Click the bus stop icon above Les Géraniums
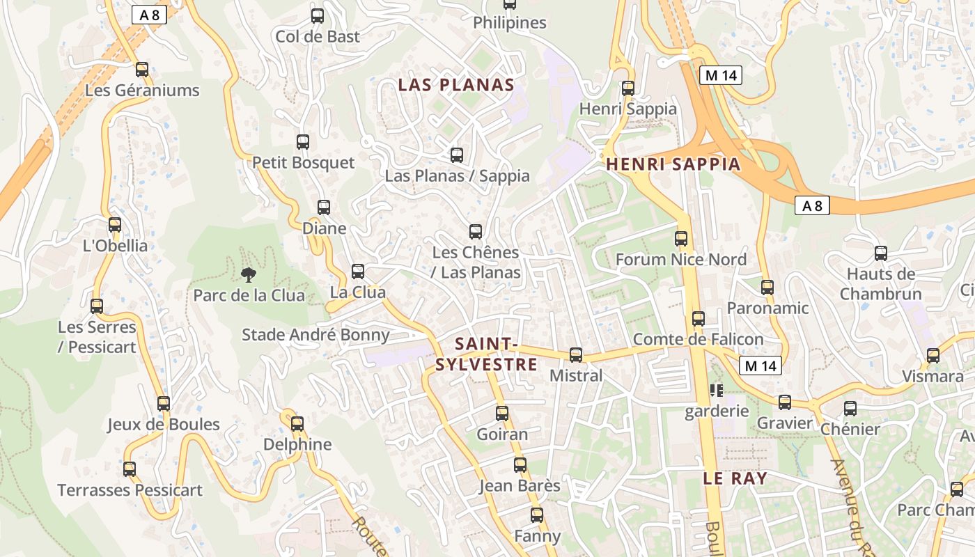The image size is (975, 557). click(x=142, y=70)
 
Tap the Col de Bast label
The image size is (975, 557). click(x=318, y=36)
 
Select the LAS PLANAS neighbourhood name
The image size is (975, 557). click(x=456, y=85)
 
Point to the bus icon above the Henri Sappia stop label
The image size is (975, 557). click(x=628, y=88)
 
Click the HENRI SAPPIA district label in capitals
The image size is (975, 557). click(x=673, y=164)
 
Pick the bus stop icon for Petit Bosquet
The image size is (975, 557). click(x=303, y=142)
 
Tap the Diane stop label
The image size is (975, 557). click(x=324, y=228)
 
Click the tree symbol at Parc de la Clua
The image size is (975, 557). click(x=247, y=274)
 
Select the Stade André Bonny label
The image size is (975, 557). click(x=315, y=335)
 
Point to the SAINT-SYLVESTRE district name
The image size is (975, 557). click(x=486, y=354)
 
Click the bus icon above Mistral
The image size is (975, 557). click(x=576, y=355)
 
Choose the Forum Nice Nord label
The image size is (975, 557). click(x=680, y=260)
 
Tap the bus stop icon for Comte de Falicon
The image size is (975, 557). click(x=699, y=319)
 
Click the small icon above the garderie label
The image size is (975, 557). click(x=716, y=391)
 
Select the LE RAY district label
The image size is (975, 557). click(x=735, y=478)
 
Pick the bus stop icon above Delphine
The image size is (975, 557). click(x=297, y=423)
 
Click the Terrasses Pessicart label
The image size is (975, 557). click(x=130, y=490)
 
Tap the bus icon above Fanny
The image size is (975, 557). click(x=537, y=515)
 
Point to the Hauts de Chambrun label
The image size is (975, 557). click(x=880, y=283)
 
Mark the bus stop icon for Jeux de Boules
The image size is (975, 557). click(x=164, y=404)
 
